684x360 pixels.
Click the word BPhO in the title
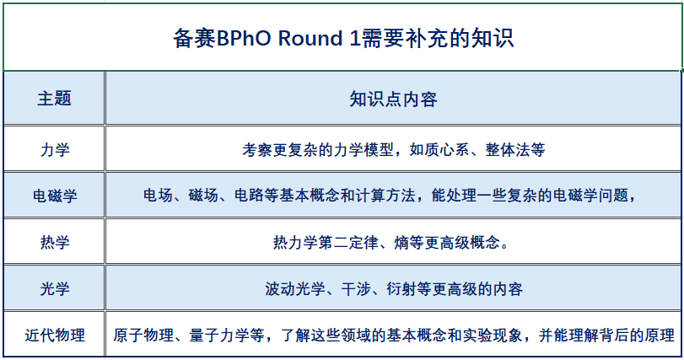(x=244, y=38)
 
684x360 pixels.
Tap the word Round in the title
(x=310, y=38)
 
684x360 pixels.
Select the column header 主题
(x=54, y=99)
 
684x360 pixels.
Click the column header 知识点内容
(x=393, y=99)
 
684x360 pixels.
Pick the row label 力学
(x=55, y=149)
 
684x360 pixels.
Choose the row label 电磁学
(x=55, y=196)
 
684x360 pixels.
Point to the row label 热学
(x=55, y=242)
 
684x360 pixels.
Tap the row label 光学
(x=55, y=288)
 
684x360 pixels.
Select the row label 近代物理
(x=55, y=336)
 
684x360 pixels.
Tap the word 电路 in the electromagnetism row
(x=249, y=196)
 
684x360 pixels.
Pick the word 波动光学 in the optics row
(x=295, y=288)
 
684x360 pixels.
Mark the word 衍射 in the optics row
(x=401, y=288)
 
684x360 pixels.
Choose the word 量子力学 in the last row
(x=219, y=336)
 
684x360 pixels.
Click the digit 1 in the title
(x=355, y=38)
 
